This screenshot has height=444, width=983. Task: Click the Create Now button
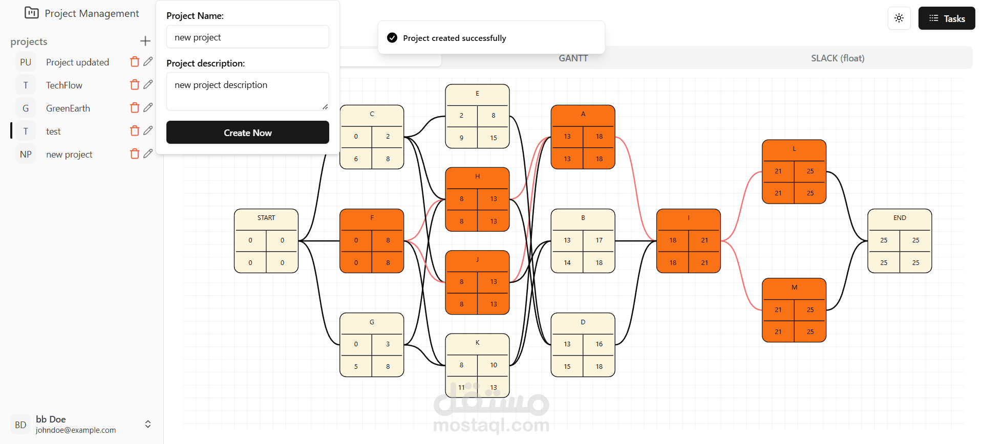247,132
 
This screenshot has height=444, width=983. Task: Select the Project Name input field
247,37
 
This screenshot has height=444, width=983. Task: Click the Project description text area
247,91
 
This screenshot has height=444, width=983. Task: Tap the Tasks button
946,18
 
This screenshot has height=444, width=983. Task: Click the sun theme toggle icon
899,18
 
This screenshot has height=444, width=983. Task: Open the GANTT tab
573,58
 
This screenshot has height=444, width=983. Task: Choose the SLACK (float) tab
837,58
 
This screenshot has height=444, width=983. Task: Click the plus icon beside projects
145,41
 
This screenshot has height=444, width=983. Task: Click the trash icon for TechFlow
135,85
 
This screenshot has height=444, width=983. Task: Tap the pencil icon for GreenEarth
148,107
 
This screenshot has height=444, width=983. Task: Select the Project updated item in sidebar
77,62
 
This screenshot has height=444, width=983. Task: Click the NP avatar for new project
26,154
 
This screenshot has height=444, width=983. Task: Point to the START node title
266,218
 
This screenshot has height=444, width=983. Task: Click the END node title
900,218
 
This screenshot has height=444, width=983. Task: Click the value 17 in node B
599,240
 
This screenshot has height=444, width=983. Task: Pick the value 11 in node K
461,387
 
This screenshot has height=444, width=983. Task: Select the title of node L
794,149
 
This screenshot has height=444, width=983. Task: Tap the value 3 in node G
388,344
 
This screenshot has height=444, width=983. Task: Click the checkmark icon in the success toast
392,38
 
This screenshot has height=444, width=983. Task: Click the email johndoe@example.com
76,430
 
